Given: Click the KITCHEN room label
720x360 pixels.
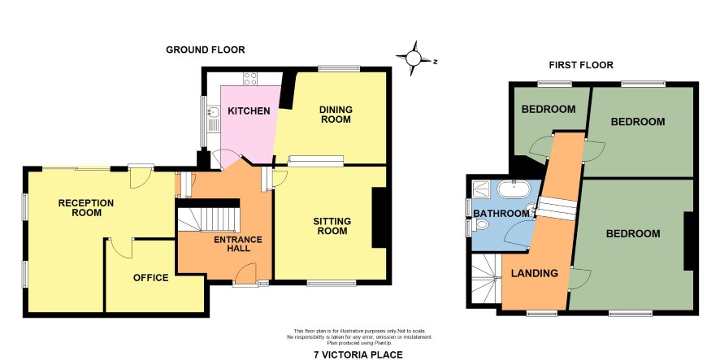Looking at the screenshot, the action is [x=249, y=111].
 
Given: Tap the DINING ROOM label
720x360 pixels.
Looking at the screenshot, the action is [x=336, y=115].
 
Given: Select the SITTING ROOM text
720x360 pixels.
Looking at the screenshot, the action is [x=332, y=226].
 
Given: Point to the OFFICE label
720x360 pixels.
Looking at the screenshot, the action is [x=150, y=278].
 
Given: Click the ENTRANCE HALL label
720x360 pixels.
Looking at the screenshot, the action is [x=238, y=244].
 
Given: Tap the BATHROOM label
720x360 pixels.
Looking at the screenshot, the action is [x=501, y=214].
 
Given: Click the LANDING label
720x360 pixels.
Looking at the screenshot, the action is [x=535, y=273].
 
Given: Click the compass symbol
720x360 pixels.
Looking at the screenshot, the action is [x=414, y=59].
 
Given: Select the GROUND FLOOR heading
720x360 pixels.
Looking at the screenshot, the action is [x=206, y=50].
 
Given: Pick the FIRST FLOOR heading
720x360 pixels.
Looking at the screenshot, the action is [x=581, y=65].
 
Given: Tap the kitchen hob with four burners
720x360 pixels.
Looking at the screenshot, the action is [x=250, y=79].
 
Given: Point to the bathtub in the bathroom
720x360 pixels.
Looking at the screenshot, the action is [x=514, y=189].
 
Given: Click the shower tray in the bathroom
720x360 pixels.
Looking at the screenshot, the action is [x=482, y=188].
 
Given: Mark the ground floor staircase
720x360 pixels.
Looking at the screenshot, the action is [x=209, y=219].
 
